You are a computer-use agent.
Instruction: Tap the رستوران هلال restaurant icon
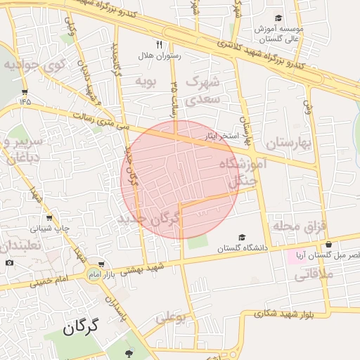160,45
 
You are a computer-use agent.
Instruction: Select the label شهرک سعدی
203,90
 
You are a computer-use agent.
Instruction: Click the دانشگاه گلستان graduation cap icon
243,238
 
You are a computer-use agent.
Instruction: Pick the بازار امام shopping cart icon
103,264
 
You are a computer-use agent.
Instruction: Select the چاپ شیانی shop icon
49,218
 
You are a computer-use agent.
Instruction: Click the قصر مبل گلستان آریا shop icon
328,244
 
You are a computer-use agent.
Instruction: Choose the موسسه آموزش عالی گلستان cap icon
278,18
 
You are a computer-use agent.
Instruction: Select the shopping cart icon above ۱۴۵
25,91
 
